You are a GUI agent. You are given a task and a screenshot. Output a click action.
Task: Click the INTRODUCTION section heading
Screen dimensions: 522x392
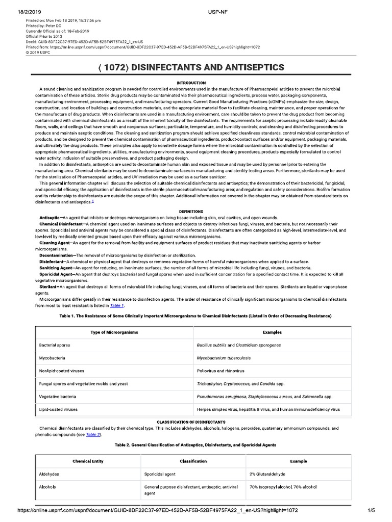click(x=191, y=83)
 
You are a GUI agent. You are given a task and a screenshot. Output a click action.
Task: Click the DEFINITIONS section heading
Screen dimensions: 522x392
click(x=191, y=211)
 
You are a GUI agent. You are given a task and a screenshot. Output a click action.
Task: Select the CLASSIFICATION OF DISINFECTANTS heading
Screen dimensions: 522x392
click(x=191, y=422)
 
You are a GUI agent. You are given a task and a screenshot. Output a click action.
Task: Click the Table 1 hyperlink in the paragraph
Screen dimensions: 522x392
click(x=116, y=305)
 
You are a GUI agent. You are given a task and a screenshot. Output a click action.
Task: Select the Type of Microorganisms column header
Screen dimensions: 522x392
click(x=114, y=332)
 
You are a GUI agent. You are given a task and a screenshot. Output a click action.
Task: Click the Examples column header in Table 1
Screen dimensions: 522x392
click(x=272, y=332)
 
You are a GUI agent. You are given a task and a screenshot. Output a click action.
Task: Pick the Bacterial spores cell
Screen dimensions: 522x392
click(x=55, y=345)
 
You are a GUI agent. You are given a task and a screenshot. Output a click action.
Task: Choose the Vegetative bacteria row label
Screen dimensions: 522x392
click(x=58, y=396)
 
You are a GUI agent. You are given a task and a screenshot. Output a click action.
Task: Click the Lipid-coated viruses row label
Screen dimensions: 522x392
click(x=58, y=409)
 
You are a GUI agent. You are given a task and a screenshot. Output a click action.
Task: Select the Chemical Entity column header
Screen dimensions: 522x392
click(x=88, y=461)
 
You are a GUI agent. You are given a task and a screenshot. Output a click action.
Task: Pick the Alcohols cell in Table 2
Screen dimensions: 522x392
click(x=47, y=487)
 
